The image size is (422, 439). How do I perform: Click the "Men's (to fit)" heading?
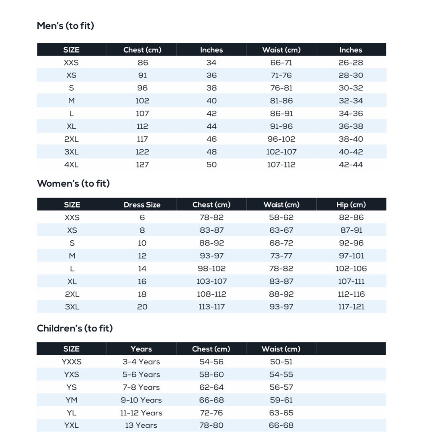65,26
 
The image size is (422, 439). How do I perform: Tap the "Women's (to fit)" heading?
73,183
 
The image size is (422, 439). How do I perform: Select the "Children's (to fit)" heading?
75,328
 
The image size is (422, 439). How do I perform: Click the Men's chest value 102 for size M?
142,101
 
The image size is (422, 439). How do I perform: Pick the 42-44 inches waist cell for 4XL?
350,165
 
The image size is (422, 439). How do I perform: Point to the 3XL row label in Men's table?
72,152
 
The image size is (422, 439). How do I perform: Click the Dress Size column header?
142,205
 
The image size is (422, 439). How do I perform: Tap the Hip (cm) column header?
351,205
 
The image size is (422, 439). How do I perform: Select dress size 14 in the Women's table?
142,268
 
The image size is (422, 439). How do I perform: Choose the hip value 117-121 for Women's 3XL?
351,307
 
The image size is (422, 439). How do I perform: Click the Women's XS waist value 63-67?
281,230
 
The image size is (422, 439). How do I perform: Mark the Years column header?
141,349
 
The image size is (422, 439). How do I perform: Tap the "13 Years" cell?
141,425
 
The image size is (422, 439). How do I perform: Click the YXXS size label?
72,362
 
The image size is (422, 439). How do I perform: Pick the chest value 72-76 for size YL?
211,413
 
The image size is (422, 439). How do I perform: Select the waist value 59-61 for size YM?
281,400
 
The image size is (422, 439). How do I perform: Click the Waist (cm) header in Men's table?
281,50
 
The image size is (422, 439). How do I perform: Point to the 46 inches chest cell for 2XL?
211,139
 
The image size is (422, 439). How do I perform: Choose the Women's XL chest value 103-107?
211,281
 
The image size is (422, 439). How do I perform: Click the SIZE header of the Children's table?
72,349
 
